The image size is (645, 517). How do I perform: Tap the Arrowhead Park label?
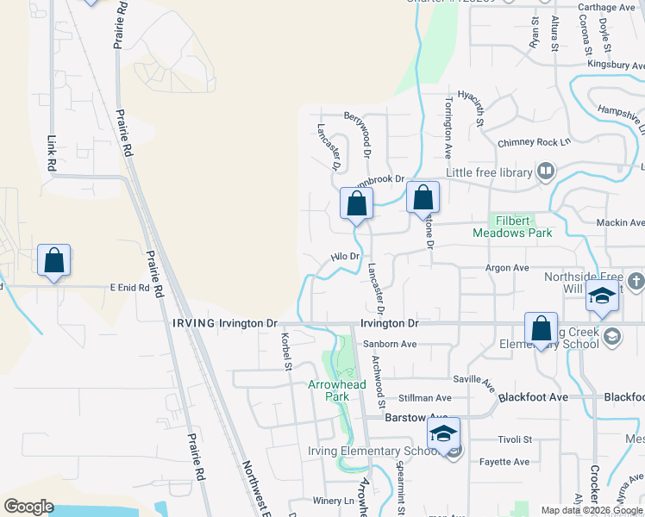coord(330,390)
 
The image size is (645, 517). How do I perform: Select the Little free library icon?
coord(545,172)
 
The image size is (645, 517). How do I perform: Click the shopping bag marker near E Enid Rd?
coord(53,261)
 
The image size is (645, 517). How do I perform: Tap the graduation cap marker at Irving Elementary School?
coord(443,434)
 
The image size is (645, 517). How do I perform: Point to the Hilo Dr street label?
coord(345,257)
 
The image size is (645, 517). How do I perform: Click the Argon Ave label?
coord(509,268)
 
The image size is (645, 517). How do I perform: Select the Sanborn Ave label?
coord(390,344)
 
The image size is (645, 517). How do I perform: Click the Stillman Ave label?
coord(425,398)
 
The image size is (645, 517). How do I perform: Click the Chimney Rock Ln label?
coord(535,143)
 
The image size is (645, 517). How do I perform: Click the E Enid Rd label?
coord(129,288)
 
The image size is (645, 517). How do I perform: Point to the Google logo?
coord(28,507)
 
